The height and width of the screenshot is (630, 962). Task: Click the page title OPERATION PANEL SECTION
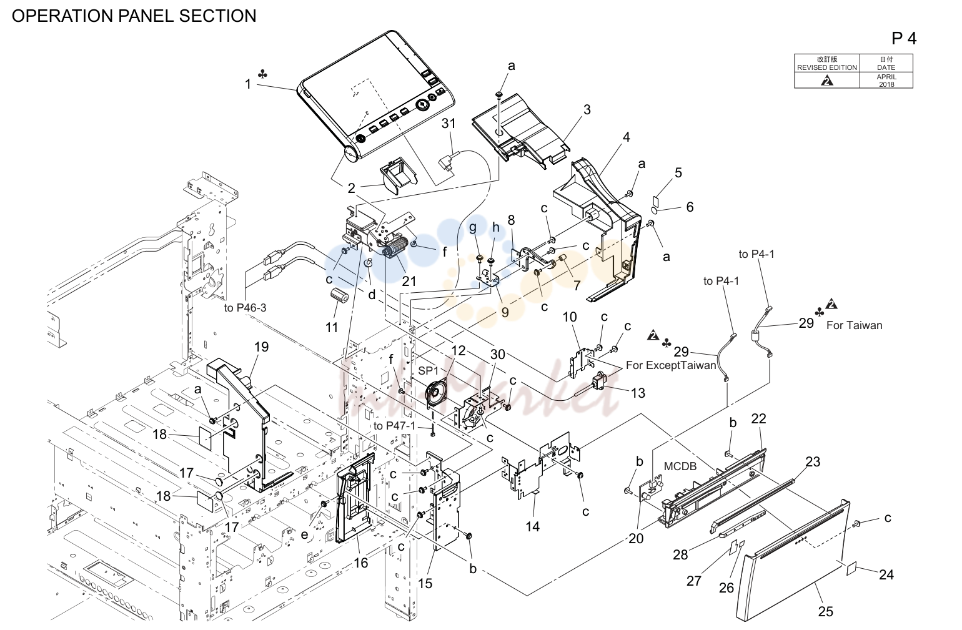tap(134, 16)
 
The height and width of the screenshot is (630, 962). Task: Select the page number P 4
tap(904, 39)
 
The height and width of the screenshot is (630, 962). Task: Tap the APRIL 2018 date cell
tap(886, 81)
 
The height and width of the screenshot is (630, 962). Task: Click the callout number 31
tap(449, 124)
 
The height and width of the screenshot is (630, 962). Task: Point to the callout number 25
tap(825, 611)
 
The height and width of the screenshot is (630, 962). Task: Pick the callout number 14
tap(532, 526)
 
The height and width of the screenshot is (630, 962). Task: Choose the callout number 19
tap(262, 347)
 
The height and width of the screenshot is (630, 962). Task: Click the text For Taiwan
tap(854, 325)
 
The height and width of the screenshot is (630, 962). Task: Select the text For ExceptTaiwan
tap(671, 365)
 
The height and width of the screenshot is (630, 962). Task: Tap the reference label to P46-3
tap(245, 308)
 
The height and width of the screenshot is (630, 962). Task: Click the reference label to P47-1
tap(394, 426)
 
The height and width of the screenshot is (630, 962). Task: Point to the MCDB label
tap(680, 466)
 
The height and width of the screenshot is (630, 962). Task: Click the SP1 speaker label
tap(428, 370)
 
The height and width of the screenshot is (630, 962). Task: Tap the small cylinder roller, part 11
tap(339, 295)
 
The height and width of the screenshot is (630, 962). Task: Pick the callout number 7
tap(577, 285)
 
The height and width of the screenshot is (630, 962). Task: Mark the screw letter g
tap(473, 227)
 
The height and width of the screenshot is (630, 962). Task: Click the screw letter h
tap(495, 227)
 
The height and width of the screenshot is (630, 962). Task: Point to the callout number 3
tap(587, 109)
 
